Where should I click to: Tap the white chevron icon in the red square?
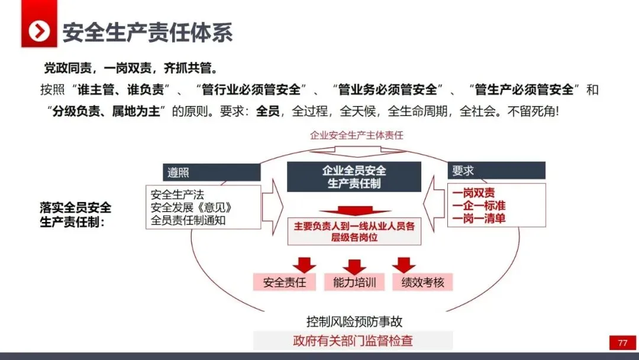39,31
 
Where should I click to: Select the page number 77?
622,343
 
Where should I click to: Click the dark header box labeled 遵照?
211,172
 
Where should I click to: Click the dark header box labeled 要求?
496,171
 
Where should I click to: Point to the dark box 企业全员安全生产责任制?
354,177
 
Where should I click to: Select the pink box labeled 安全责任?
285,282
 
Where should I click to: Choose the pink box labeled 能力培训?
354,282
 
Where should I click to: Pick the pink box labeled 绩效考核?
422,282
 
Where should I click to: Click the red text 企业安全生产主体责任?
356,135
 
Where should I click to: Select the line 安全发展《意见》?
191,207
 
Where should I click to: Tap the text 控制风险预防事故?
354,322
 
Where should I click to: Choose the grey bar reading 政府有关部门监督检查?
353,340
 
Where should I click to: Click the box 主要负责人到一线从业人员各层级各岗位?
354,232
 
